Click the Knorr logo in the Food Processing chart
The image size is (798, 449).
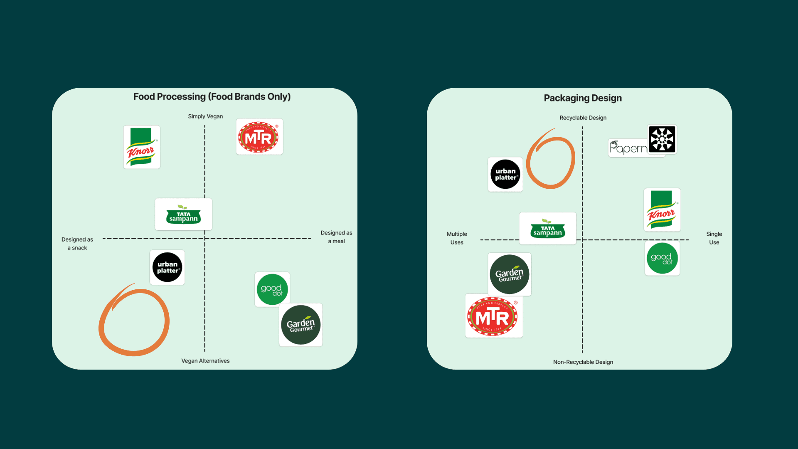point(142,147)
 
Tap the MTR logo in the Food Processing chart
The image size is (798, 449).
point(259,137)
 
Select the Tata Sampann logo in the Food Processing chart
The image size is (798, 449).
point(183,215)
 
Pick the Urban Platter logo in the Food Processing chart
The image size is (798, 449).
point(167,267)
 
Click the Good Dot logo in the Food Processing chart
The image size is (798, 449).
point(272,289)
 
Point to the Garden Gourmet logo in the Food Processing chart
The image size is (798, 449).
point(301,325)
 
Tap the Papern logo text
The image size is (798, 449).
point(628,148)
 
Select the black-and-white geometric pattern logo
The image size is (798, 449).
point(662,139)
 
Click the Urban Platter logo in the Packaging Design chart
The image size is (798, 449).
point(505,174)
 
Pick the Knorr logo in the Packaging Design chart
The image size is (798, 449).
point(662,210)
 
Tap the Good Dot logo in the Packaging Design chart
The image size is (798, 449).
point(662,258)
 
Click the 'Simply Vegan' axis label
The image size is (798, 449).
point(205,116)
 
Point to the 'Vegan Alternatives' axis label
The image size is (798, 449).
point(205,361)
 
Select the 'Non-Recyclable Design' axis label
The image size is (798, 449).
point(583,362)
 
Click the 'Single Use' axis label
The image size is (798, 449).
point(714,238)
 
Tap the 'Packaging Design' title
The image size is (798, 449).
point(583,98)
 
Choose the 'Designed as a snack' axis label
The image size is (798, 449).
point(77,244)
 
